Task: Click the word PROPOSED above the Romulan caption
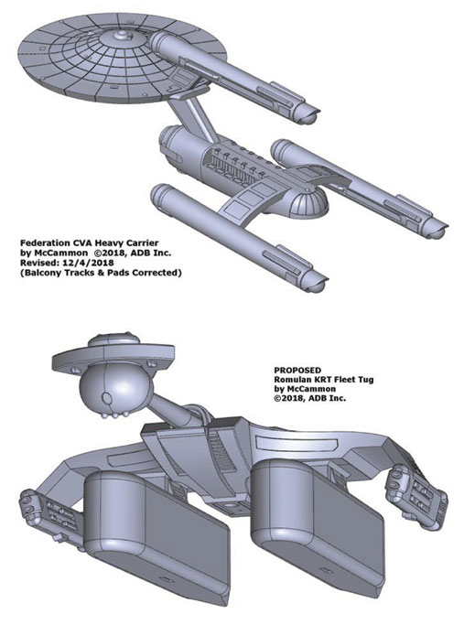[x=297, y=371]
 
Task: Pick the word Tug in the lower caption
[x=365, y=380]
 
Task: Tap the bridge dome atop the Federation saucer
[x=122, y=38]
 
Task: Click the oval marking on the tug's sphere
[x=107, y=398]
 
